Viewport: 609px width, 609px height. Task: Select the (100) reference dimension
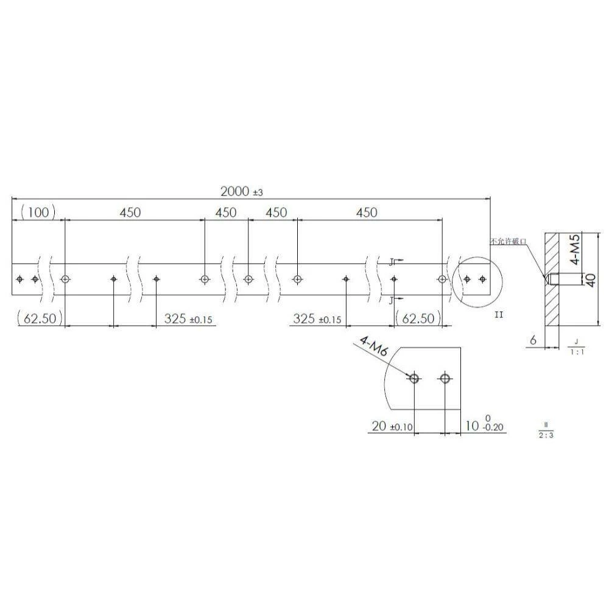coord(38,213)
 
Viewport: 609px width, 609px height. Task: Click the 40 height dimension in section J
coord(590,280)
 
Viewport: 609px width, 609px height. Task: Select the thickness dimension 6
coord(533,341)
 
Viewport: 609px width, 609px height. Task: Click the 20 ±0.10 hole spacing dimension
coord(392,426)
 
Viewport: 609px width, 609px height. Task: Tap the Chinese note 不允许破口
coord(509,242)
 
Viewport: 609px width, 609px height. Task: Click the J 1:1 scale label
coord(575,347)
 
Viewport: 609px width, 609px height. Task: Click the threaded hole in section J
coord(555,280)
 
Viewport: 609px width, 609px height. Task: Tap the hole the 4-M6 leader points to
coord(414,378)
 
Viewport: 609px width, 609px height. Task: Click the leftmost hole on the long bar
coord(20,279)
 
